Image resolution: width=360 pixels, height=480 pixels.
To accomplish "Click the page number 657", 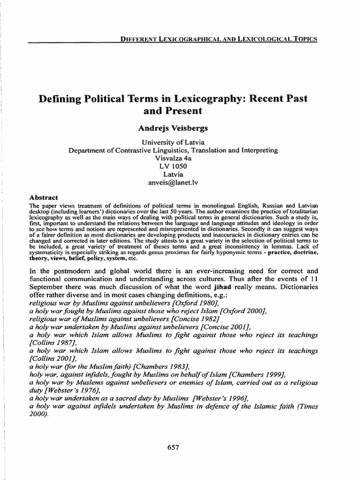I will [x=173, y=447].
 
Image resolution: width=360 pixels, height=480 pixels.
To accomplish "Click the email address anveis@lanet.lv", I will [x=173, y=183].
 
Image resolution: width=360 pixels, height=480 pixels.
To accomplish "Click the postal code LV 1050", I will [x=173, y=166].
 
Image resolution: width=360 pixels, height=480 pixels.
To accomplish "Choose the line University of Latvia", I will [x=173, y=142].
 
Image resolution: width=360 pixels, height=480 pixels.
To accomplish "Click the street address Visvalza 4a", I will [x=173, y=158].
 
